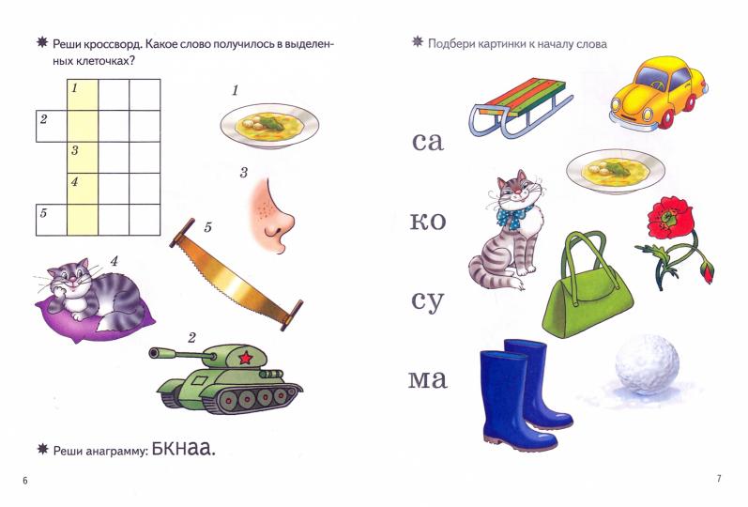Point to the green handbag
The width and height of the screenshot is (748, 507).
click(x=588, y=290)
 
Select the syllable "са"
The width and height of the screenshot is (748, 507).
click(x=427, y=143)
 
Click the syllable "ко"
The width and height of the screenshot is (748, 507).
click(x=427, y=223)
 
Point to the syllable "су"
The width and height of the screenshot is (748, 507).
click(x=427, y=301)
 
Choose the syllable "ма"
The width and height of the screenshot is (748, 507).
click(x=427, y=380)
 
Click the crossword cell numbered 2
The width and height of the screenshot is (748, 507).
click(x=52, y=125)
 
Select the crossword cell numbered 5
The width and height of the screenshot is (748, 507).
click(x=52, y=219)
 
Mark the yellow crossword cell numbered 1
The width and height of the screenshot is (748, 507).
click(x=83, y=94)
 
